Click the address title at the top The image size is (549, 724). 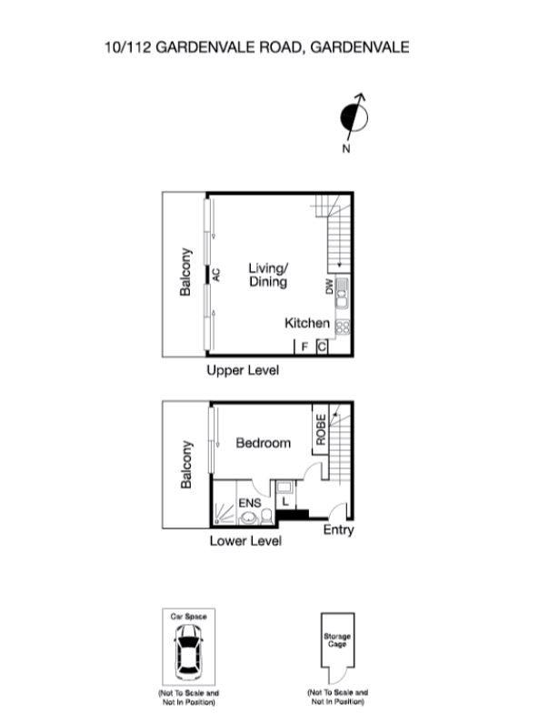(x=256, y=46)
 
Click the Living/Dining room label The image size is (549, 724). (x=268, y=275)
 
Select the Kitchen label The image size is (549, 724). (x=307, y=323)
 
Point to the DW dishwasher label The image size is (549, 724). (x=329, y=287)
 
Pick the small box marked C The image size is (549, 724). (x=322, y=347)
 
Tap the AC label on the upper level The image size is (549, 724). (x=216, y=273)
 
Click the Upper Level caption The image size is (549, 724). (x=242, y=370)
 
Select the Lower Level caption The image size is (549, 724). (x=245, y=541)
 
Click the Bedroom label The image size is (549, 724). (x=264, y=443)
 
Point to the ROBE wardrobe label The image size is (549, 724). (x=321, y=429)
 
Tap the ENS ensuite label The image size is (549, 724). (x=249, y=502)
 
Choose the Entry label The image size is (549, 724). (x=338, y=530)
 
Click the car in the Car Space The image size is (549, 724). (x=189, y=649)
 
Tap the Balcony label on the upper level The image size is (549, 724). (x=185, y=272)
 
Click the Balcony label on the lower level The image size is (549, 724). (x=186, y=465)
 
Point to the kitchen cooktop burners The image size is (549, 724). (x=343, y=326)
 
